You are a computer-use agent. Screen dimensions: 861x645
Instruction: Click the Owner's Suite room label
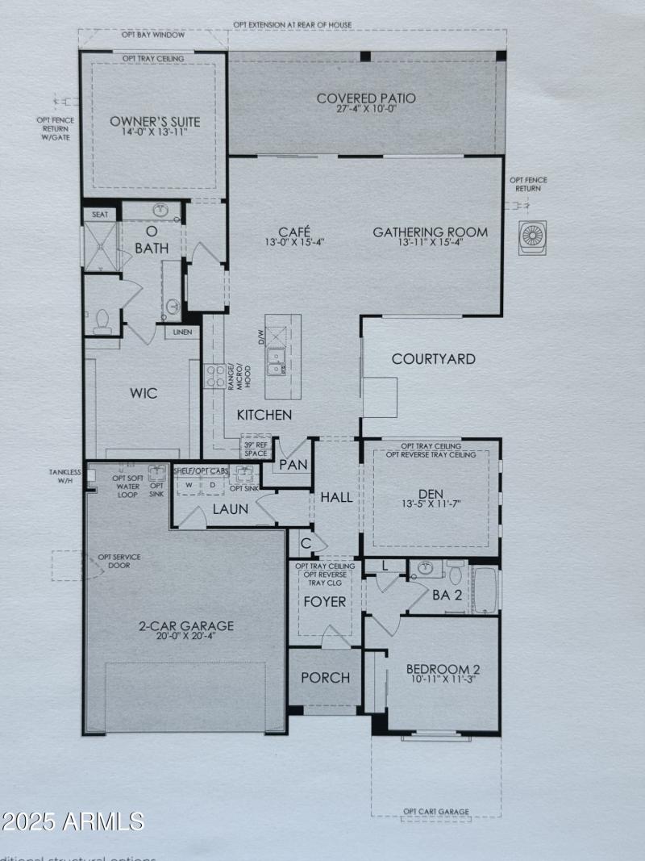[155, 122]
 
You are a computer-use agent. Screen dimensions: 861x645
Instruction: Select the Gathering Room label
[430, 232]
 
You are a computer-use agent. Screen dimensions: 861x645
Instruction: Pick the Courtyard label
[433, 359]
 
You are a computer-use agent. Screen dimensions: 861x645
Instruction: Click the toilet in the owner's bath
[102, 320]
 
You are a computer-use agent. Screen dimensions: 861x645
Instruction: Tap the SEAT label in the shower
[100, 215]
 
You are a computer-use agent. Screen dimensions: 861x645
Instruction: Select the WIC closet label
[144, 394]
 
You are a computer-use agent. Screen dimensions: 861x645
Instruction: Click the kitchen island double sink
[277, 362]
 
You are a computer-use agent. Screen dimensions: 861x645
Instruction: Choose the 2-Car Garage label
[185, 625]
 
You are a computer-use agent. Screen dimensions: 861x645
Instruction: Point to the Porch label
[326, 677]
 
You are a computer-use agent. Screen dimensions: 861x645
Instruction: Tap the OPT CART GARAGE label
[435, 811]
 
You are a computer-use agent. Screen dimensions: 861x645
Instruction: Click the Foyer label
[324, 601]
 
